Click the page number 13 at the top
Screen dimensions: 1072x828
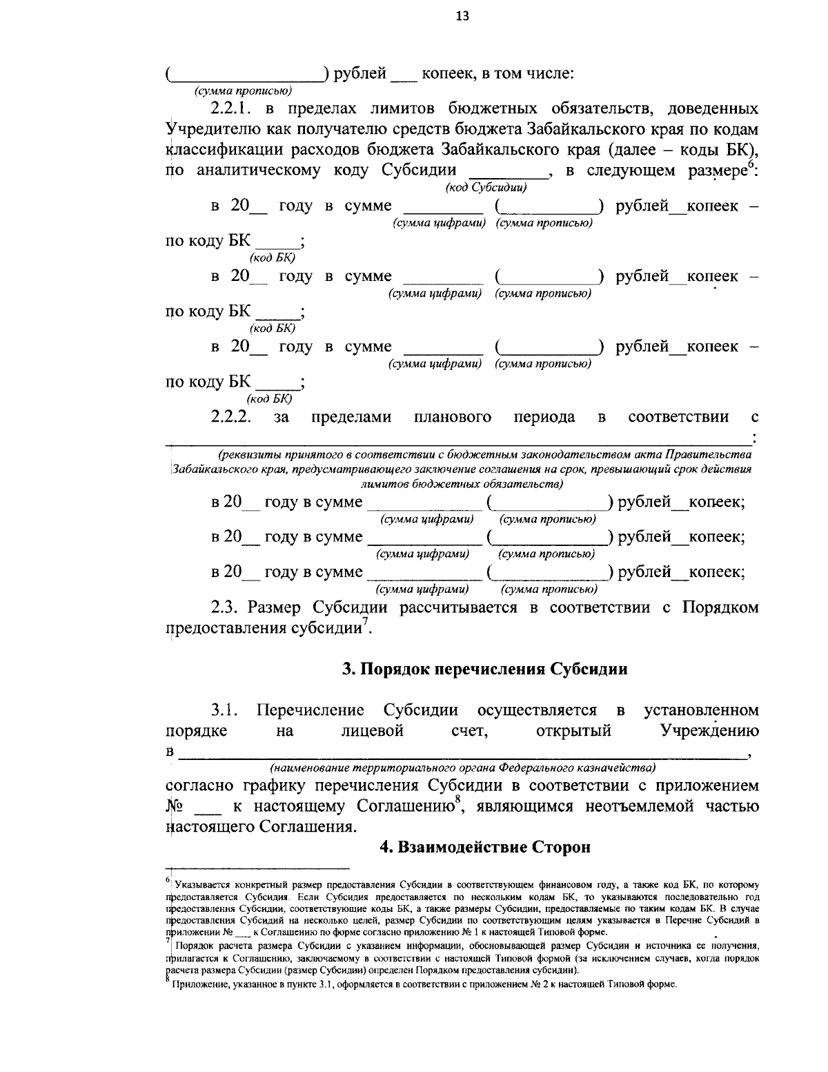pos(462,17)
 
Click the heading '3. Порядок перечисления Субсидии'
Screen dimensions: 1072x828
pos(485,669)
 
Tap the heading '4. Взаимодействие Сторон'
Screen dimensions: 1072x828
pos(485,846)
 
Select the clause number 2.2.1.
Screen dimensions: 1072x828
pos(233,109)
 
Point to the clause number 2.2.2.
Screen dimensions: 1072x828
pos(231,417)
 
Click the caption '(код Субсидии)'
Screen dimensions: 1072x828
pos(486,188)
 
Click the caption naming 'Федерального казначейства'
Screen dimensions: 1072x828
pos(462,768)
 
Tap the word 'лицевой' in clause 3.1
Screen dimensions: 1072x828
pos(372,731)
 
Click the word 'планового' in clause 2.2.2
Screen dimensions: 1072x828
pos(453,417)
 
